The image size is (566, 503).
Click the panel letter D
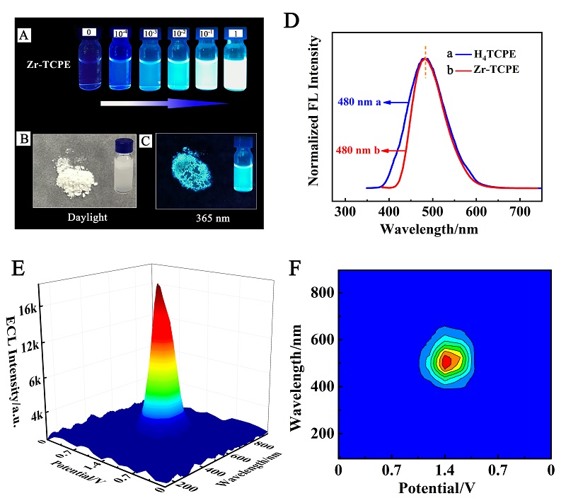point(291,20)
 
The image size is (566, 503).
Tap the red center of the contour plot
point(446,362)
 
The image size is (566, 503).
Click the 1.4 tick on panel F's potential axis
point(444,469)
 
